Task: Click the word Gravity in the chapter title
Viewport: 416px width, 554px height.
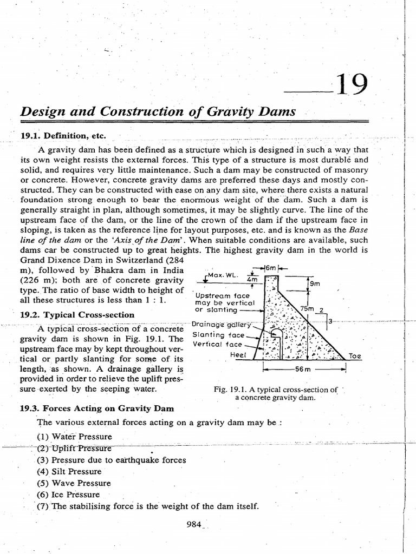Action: (x=222, y=113)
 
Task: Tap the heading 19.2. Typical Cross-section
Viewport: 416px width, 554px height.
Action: (x=77, y=314)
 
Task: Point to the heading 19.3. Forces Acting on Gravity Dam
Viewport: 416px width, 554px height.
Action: (x=97, y=408)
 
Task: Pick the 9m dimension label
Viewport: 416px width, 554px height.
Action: (x=315, y=282)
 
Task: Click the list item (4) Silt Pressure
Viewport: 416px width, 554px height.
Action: (x=69, y=471)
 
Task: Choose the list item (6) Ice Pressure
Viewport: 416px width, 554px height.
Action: (x=68, y=494)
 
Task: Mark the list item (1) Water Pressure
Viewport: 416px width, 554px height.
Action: (x=74, y=436)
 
